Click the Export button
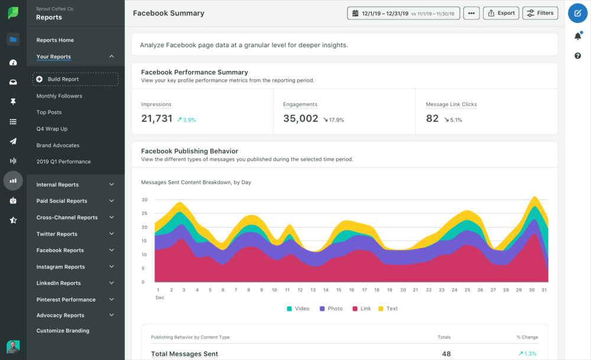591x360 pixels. [x=501, y=13]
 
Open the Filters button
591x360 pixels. [x=540, y=13]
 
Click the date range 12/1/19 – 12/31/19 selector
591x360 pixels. [x=404, y=13]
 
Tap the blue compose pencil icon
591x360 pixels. [x=577, y=13]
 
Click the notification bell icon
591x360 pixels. [x=577, y=36]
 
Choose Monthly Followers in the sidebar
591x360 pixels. [x=59, y=96]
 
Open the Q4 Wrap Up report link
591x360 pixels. [x=52, y=129]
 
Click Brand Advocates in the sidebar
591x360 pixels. [x=58, y=145]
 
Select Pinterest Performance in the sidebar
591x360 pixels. [x=66, y=300]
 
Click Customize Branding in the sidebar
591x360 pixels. [x=63, y=331]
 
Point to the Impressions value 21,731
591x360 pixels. [x=157, y=119]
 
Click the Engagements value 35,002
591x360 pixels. [x=300, y=119]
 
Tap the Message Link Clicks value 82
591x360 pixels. [x=433, y=119]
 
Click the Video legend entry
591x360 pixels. [x=298, y=309]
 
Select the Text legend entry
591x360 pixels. [x=388, y=309]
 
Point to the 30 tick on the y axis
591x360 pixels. [x=144, y=200]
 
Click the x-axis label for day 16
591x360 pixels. [x=352, y=290]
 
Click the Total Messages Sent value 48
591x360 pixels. [x=446, y=353]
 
